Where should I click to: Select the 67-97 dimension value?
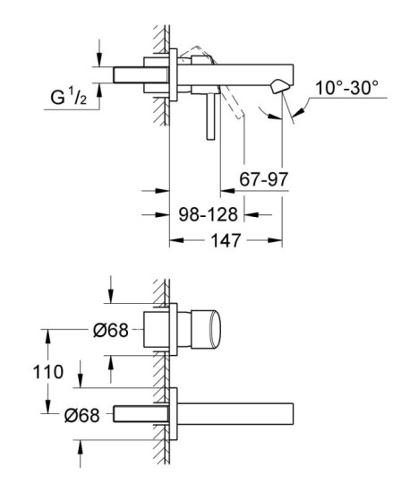[x=264, y=178]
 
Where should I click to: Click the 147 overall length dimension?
[x=226, y=240]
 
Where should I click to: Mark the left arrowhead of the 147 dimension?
[x=175, y=240]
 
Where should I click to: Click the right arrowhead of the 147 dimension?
[x=278, y=240]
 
